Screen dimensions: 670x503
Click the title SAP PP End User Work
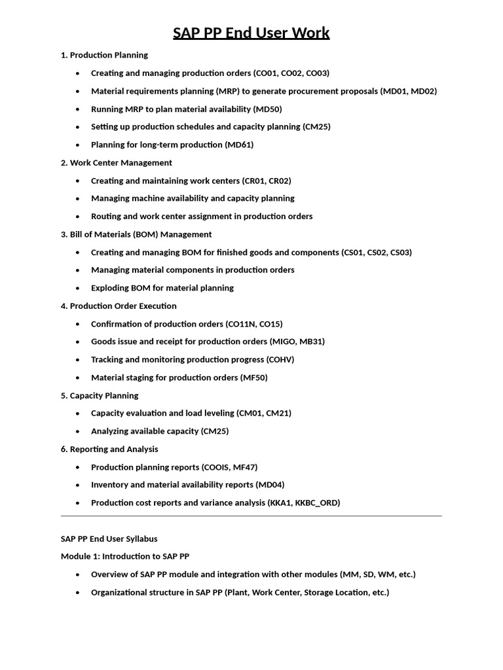[251, 33]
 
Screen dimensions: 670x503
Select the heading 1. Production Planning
[104, 55]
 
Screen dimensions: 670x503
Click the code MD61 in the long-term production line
[239, 145]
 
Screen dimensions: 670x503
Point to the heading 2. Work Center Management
[117, 162]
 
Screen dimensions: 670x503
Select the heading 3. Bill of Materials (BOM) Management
[136, 234]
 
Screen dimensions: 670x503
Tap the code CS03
[400, 252]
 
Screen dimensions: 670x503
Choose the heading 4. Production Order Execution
[119, 306]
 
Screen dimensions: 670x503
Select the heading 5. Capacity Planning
[100, 395]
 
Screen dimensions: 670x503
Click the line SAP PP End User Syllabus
[109, 538]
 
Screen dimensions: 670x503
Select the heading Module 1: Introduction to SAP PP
[125, 556]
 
